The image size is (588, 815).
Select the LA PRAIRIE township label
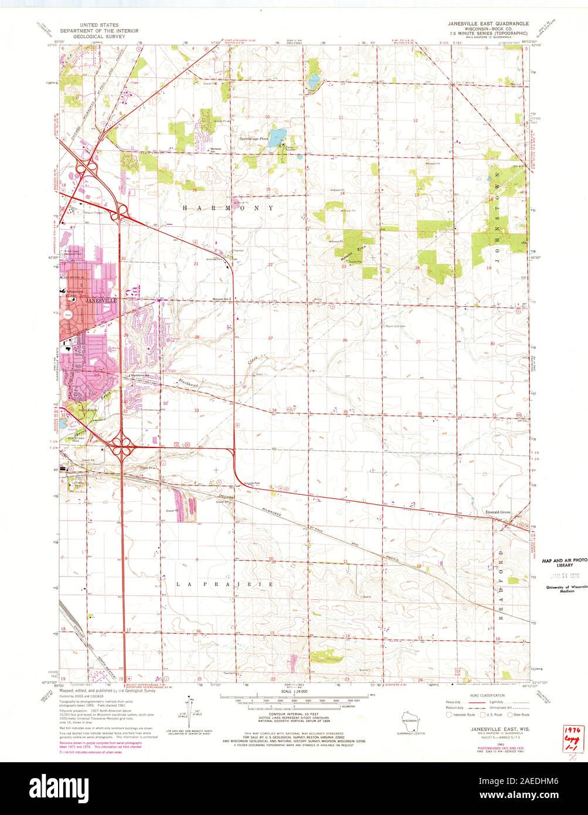point(225,585)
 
